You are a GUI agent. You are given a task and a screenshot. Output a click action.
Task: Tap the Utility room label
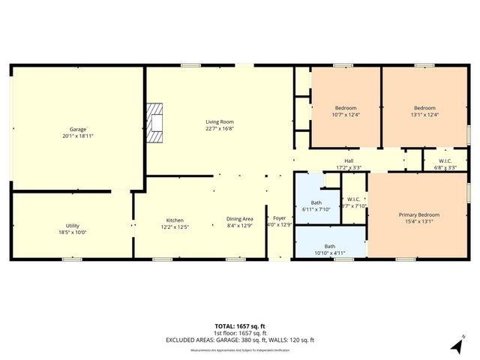click(73, 226)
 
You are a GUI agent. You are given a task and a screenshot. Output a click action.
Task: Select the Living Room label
click(220, 121)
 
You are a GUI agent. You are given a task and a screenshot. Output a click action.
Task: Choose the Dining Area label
click(240, 219)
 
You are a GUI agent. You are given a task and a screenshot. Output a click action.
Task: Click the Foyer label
click(279, 218)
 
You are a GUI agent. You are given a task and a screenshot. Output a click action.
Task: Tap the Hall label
click(349, 160)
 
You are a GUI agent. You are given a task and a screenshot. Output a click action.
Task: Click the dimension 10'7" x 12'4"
click(346, 114)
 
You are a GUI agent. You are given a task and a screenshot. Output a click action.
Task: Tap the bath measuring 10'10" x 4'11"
click(330, 250)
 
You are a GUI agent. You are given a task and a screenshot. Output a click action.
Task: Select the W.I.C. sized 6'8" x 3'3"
click(445, 167)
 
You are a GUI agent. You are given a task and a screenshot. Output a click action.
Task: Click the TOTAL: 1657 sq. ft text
click(240, 326)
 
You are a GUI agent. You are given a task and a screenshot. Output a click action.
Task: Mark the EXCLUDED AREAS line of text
click(240, 340)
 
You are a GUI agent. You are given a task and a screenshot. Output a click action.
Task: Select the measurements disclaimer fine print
click(240, 349)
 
